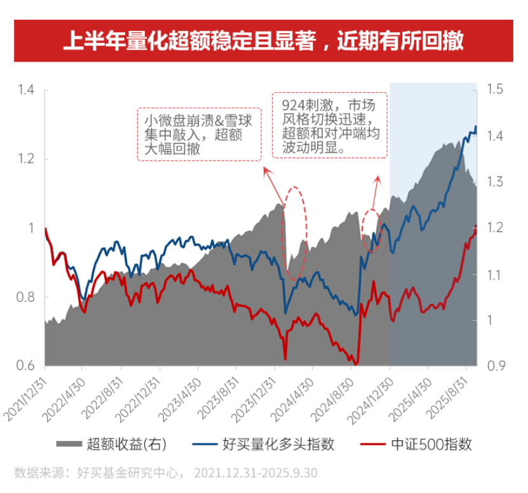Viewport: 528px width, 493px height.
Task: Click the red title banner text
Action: [x=263, y=41]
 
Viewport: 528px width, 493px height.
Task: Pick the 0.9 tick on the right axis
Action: [x=495, y=366]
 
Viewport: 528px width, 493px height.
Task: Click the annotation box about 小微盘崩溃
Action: [x=199, y=134]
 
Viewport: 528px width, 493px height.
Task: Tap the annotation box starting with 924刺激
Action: [x=329, y=125]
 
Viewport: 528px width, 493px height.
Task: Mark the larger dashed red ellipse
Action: [x=295, y=233]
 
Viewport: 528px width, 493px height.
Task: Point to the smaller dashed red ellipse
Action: [x=372, y=229]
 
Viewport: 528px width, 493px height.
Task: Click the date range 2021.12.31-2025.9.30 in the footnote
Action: [x=256, y=473]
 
